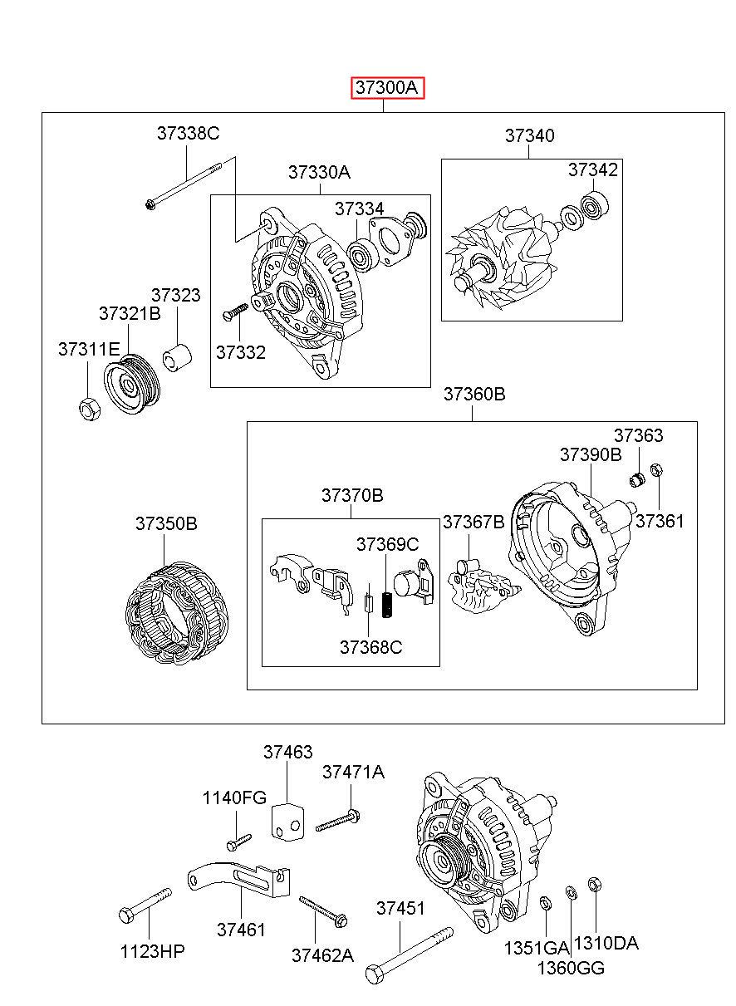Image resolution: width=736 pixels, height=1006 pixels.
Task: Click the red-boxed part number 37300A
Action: pyautogui.click(x=388, y=87)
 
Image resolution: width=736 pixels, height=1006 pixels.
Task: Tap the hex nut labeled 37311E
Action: pyautogui.click(x=90, y=409)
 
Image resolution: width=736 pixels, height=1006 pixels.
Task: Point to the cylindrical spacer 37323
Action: pyautogui.click(x=177, y=358)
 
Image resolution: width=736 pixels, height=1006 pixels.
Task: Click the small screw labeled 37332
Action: pyautogui.click(x=235, y=312)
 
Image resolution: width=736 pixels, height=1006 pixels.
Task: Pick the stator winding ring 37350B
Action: pyautogui.click(x=177, y=612)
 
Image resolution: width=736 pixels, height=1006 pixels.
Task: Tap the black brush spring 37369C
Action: pyautogui.click(x=386, y=605)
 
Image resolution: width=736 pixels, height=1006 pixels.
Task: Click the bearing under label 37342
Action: pyautogui.click(x=595, y=205)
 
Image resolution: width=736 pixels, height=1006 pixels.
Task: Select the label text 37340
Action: pyautogui.click(x=529, y=135)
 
